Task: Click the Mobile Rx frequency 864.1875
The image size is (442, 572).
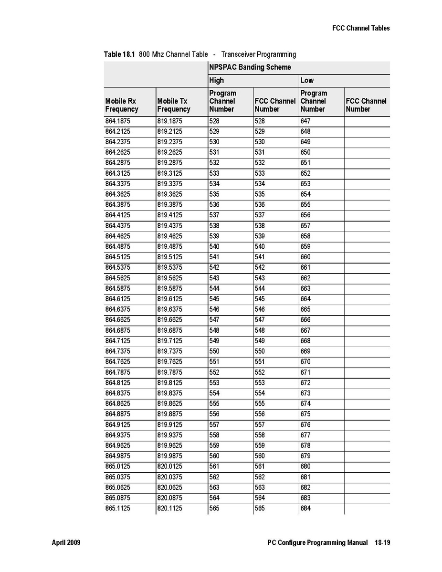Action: click(x=117, y=121)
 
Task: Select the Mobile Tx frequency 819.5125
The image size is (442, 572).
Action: click(x=169, y=257)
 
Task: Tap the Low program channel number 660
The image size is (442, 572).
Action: click(x=305, y=257)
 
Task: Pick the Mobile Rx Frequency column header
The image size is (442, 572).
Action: click(x=122, y=105)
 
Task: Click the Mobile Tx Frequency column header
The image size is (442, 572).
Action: click(x=174, y=105)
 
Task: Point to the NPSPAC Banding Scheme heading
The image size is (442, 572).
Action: click(x=250, y=67)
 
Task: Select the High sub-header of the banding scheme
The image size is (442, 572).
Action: click(x=216, y=80)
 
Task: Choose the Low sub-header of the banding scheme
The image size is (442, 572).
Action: click(x=307, y=80)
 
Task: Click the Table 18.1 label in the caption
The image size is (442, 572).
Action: click(x=119, y=54)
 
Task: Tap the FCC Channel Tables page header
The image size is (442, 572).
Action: click(x=361, y=28)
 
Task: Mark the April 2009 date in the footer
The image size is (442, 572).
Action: click(x=66, y=543)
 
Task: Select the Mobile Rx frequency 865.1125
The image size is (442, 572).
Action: click(x=117, y=508)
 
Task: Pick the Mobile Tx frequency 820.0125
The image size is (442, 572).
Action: click(x=169, y=466)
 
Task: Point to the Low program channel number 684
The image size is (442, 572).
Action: click(x=305, y=508)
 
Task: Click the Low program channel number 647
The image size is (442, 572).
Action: click(x=305, y=121)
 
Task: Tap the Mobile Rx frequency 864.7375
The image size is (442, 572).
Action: click(x=117, y=351)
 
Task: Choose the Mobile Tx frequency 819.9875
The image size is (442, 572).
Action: click(x=169, y=456)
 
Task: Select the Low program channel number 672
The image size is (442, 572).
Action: click(x=305, y=383)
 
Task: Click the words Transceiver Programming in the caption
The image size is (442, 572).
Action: click(x=258, y=54)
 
